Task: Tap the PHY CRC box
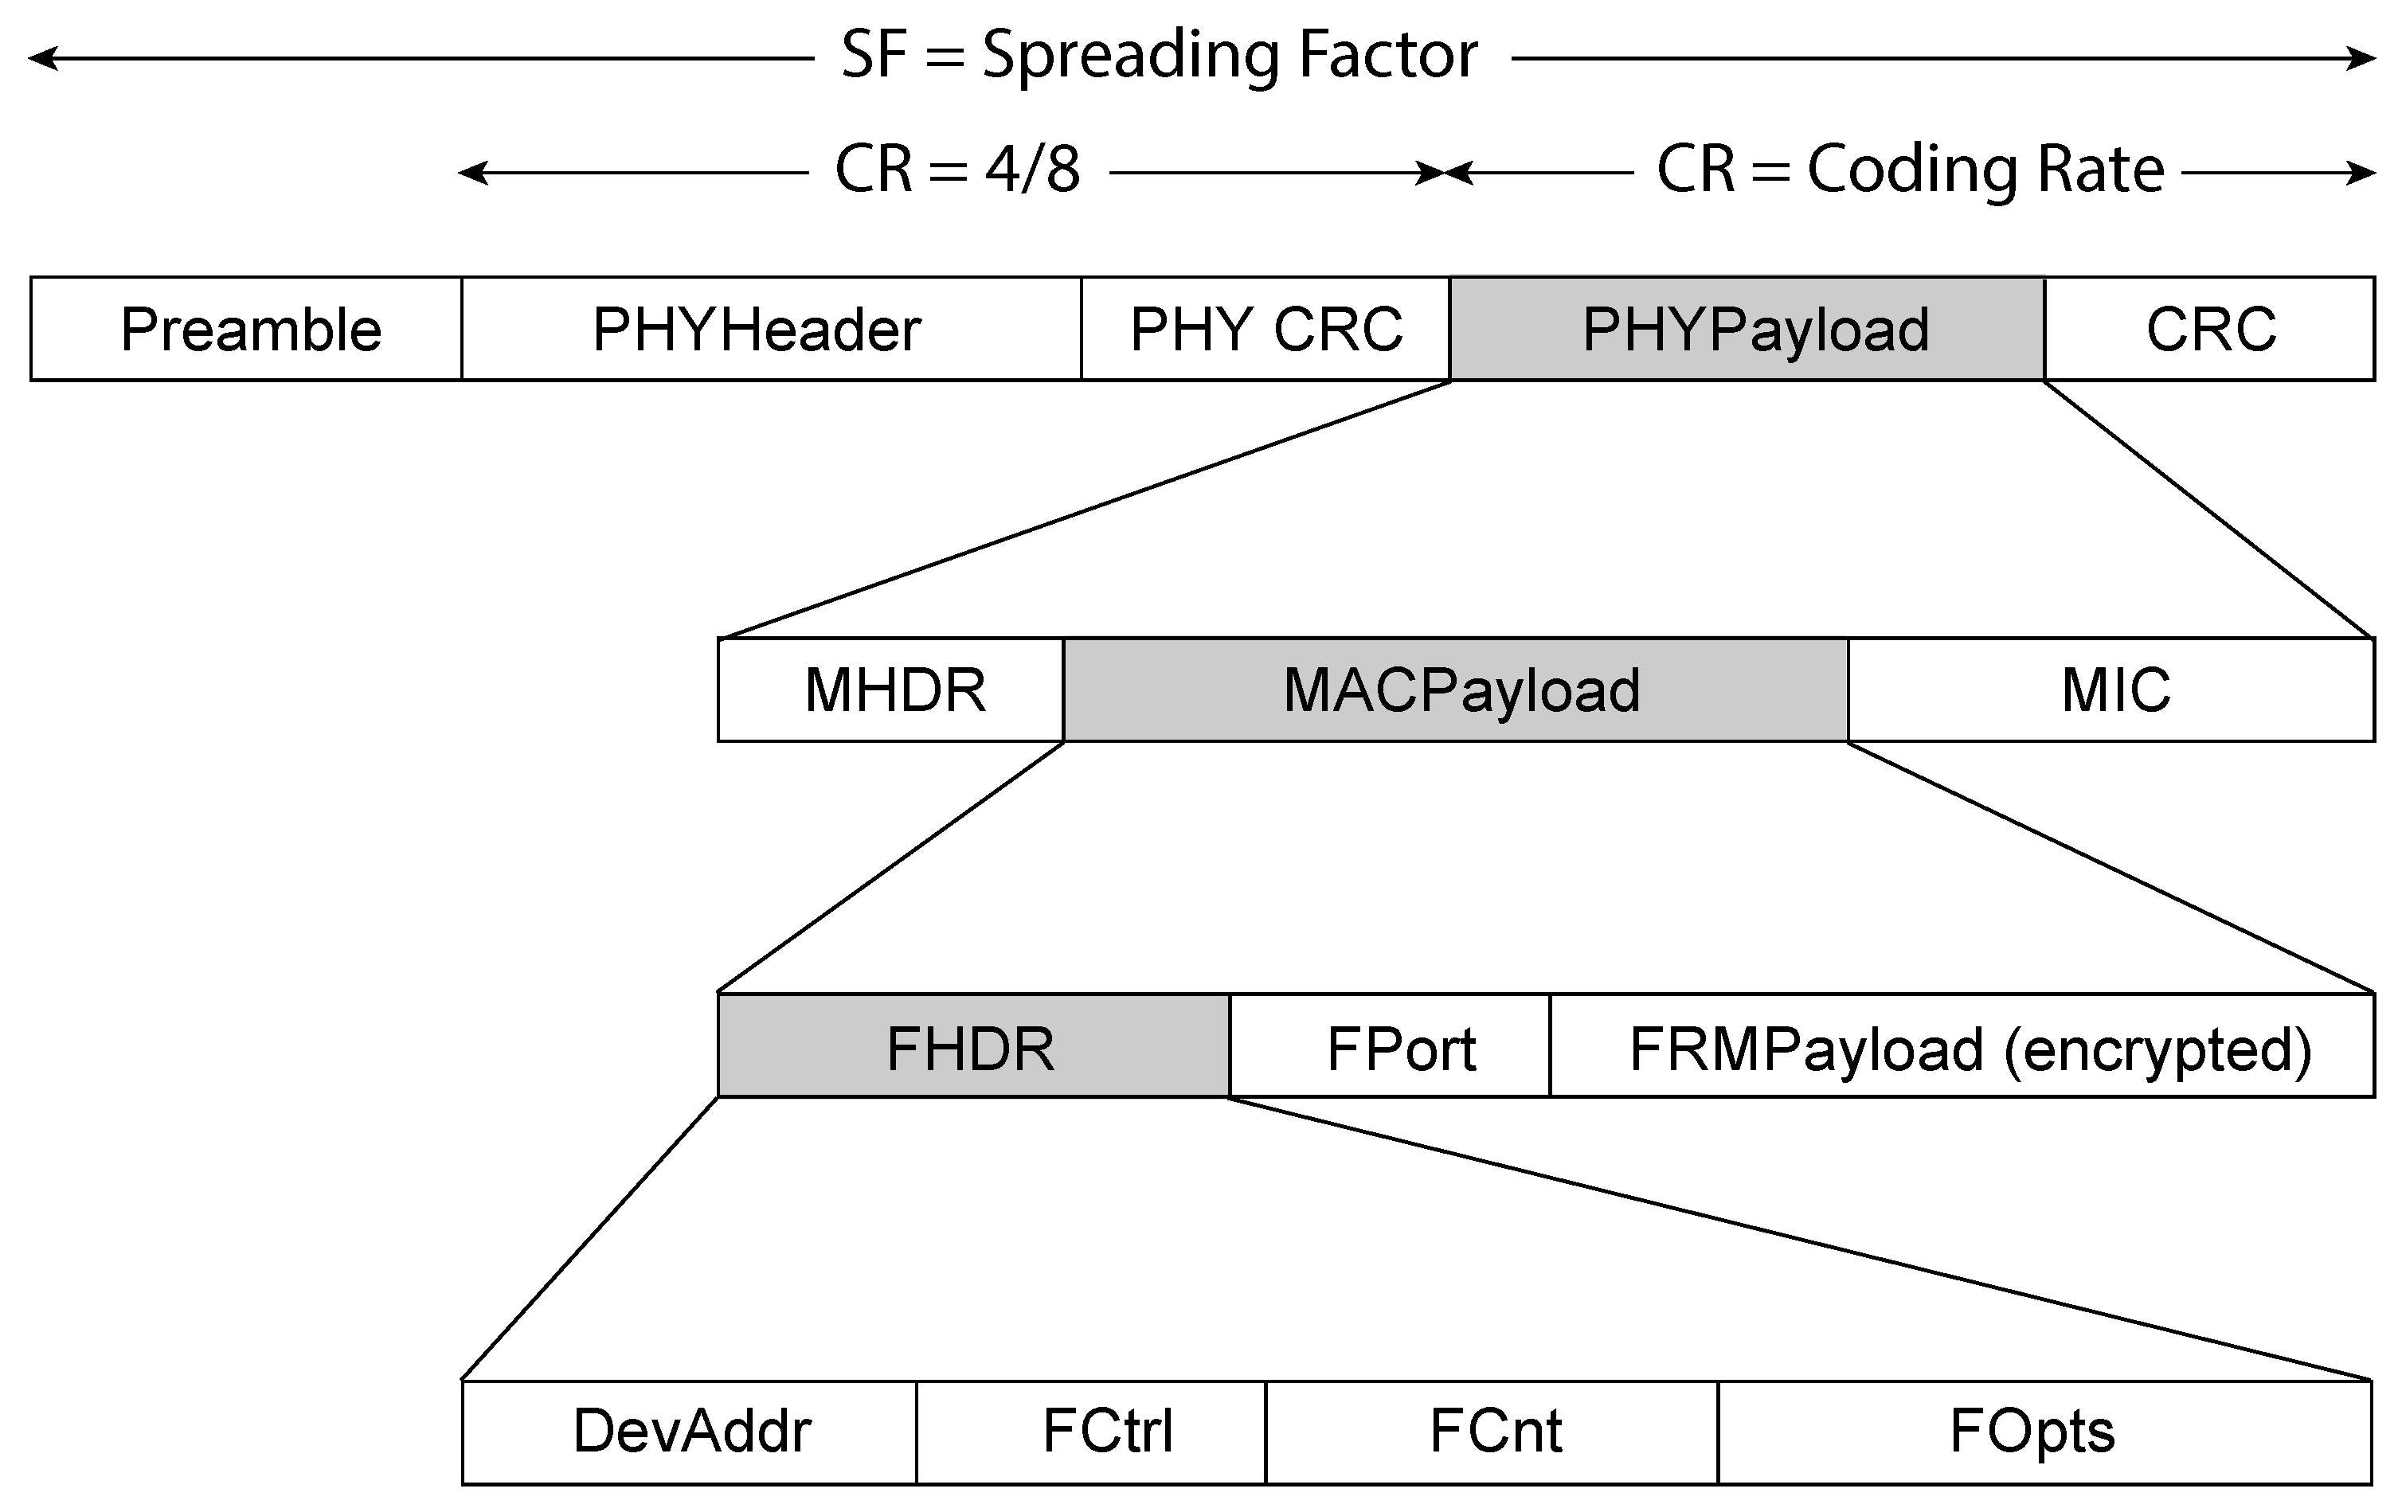pos(1265,330)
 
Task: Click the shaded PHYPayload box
pos(1747,330)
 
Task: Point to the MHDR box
pos(891,690)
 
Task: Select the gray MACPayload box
pos(1456,690)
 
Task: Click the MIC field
pos(2111,690)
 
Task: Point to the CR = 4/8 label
pos(957,170)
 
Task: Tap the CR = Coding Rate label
pos(1909,170)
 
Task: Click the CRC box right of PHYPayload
pos(2210,330)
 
